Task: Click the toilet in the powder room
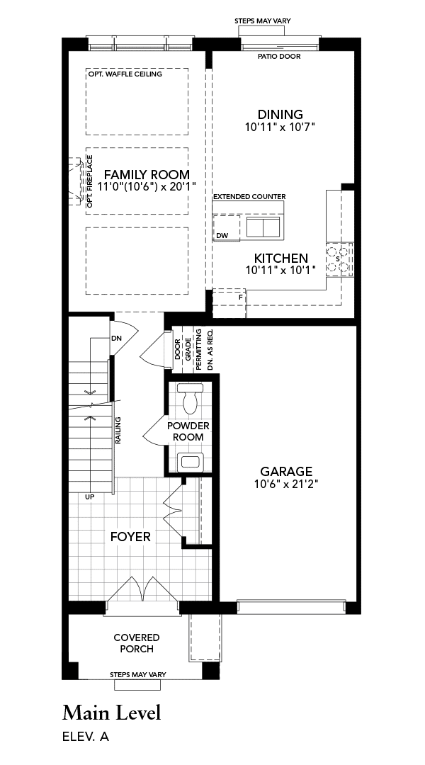190,398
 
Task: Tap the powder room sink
190,461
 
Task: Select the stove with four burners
339,259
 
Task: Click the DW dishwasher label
222,236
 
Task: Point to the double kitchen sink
263,227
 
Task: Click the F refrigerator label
240,297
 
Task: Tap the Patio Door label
279,57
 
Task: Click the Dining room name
280,114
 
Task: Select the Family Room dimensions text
147,186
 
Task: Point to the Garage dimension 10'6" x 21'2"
286,484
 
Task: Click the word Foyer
130,537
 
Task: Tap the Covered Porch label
137,643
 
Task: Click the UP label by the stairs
90,497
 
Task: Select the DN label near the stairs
116,338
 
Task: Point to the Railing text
118,430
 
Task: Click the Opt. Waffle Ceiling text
125,74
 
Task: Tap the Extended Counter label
249,197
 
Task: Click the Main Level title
111,713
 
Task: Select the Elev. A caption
86,737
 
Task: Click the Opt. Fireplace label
90,181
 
